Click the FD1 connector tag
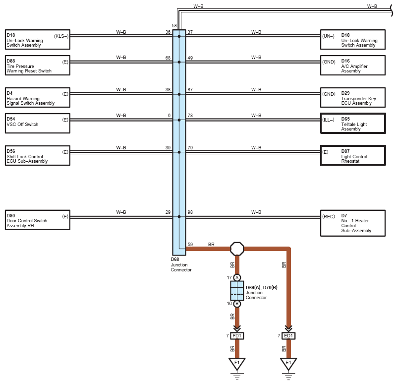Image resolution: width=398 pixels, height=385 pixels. (237, 336)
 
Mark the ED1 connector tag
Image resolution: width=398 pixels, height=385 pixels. (288, 336)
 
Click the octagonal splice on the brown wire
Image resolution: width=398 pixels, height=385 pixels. (237, 249)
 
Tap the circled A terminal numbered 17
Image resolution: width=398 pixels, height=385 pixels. (237, 278)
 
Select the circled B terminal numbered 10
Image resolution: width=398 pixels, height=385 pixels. (237, 304)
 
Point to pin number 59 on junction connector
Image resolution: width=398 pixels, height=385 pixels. (190, 245)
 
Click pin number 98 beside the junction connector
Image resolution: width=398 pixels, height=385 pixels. (190, 212)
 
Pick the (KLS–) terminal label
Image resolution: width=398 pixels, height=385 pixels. (61, 36)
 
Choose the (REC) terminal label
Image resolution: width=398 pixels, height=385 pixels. (329, 216)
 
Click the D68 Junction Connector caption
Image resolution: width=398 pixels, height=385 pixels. (181, 264)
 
